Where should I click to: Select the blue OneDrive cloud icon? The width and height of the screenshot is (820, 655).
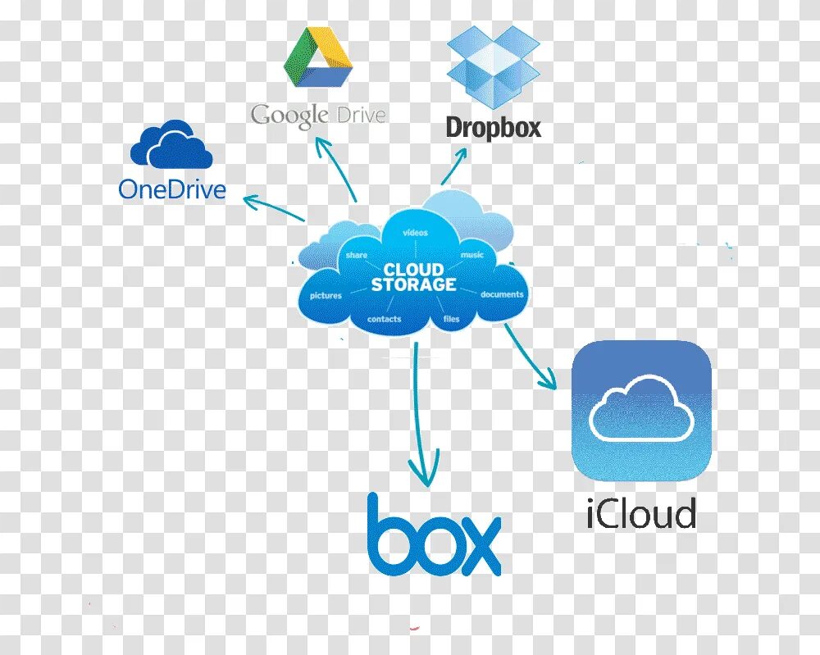tap(171, 145)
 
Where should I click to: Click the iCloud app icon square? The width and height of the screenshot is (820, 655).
tap(641, 411)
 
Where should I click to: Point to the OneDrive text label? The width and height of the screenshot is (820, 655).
tap(172, 190)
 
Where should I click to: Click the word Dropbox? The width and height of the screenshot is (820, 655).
tap(494, 127)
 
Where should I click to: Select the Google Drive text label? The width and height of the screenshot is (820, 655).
tap(318, 115)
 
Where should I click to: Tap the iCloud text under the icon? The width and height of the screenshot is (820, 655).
tap(641, 514)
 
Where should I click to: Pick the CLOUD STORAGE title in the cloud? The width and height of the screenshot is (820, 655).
tap(413, 277)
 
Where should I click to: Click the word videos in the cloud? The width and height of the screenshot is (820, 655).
tap(416, 233)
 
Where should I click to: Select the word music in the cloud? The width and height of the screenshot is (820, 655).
tap(472, 255)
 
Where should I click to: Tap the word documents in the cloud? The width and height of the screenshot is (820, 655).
tap(502, 294)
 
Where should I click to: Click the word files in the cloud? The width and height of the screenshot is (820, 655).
tap(452, 319)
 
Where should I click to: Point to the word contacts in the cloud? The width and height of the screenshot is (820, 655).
tap(384, 319)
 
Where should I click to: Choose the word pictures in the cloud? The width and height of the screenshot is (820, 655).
tap(326, 295)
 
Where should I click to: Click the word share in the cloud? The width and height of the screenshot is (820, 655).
tap(356, 255)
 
